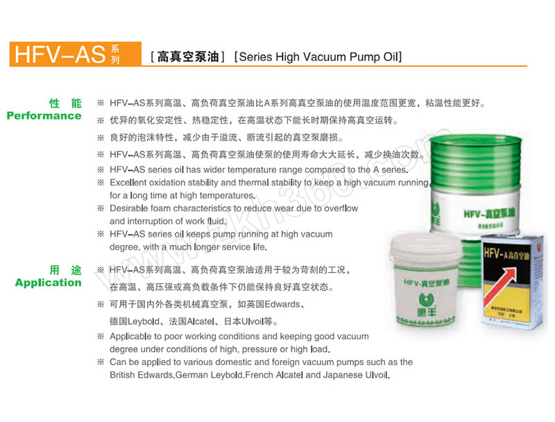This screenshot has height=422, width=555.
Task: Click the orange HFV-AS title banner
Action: [x=76, y=54]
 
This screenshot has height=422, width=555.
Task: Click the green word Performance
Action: [x=44, y=116]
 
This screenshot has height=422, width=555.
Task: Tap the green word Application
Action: [x=48, y=282]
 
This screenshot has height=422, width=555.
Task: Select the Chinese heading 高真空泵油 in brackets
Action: [x=188, y=57]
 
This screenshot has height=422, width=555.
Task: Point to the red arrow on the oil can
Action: [x=500, y=285]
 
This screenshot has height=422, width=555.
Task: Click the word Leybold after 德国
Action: [x=144, y=321]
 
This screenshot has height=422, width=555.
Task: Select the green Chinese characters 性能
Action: [x=65, y=103]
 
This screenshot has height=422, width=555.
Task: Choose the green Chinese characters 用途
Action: [x=65, y=270]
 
